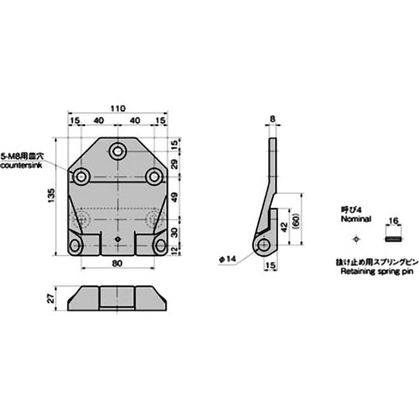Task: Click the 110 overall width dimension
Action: click(x=117, y=108)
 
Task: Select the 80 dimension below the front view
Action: click(x=117, y=263)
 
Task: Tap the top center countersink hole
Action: click(x=117, y=151)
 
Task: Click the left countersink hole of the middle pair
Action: click(x=81, y=177)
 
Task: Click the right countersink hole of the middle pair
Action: click(x=153, y=177)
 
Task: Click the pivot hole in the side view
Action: click(x=264, y=245)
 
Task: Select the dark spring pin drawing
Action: click(x=393, y=239)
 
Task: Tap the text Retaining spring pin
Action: click(x=369, y=271)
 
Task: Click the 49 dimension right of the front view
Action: click(x=174, y=198)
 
